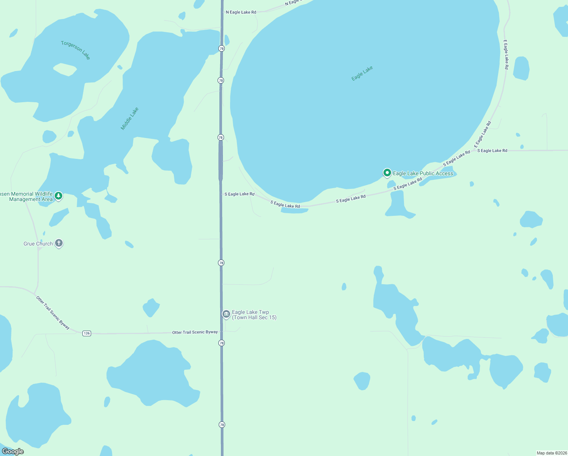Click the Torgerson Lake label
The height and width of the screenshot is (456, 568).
[76, 50]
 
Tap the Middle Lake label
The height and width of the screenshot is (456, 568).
[129, 119]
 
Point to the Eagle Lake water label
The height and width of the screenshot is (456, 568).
[362, 73]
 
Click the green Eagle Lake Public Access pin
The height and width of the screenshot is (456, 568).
[387, 173]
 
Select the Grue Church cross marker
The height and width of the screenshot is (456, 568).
[59, 243]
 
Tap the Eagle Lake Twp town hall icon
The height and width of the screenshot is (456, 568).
[226, 314]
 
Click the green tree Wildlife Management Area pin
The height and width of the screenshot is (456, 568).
[58, 196]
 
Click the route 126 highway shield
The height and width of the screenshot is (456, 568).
[87, 333]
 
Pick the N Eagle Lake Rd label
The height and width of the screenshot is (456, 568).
[241, 12]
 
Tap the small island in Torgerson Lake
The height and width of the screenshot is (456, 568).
[65, 69]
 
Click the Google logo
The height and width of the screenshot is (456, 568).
[13, 451]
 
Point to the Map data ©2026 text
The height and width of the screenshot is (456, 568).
[551, 453]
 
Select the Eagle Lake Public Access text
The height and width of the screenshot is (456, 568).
[423, 173]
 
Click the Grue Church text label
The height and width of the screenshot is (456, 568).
[38, 244]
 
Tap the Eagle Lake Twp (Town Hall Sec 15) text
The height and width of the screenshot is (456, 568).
[254, 315]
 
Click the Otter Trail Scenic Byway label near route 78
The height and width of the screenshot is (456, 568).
[195, 332]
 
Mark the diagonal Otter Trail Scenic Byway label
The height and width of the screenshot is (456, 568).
[53, 312]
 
